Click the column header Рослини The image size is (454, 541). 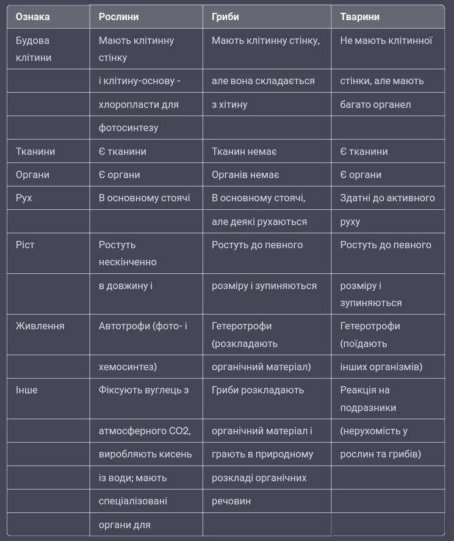[x=118, y=17]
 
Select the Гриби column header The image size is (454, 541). [x=225, y=17]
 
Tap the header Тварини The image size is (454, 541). [x=359, y=17]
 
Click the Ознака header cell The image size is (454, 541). [x=32, y=17]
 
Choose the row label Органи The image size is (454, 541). [x=32, y=174]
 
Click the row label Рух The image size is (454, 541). [x=24, y=198]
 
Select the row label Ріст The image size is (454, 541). [x=25, y=245]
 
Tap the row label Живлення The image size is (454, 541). [x=40, y=326]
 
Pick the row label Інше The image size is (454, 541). [x=26, y=390]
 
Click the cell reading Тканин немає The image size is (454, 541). [x=244, y=151]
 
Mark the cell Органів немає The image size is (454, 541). [x=245, y=174]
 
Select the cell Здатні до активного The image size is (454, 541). [x=387, y=198]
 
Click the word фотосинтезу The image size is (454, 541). [x=128, y=128]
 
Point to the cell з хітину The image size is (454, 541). [x=229, y=104]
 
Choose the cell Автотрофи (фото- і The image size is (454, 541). [x=143, y=326]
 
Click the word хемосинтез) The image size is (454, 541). [x=128, y=367]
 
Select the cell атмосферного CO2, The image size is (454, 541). [x=145, y=431]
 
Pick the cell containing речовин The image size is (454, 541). [x=231, y=501]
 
